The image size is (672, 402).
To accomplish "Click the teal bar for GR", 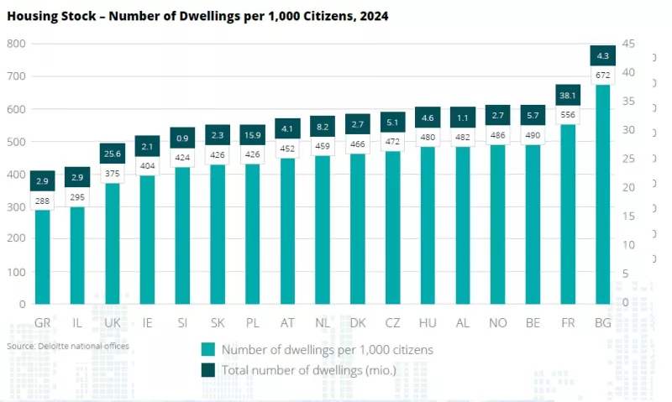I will click(42, 256).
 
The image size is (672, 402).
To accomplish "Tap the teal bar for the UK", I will click(112, 243).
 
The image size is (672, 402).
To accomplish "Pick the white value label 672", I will click(602, 76).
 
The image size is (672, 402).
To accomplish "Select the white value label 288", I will click(42, 201).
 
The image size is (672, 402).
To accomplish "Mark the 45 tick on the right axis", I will click(628, 44).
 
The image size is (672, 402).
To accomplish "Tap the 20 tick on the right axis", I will click(628, 187).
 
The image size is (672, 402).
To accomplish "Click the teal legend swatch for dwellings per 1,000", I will click(208, 350).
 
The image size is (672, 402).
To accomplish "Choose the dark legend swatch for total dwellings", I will click(208, 370).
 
